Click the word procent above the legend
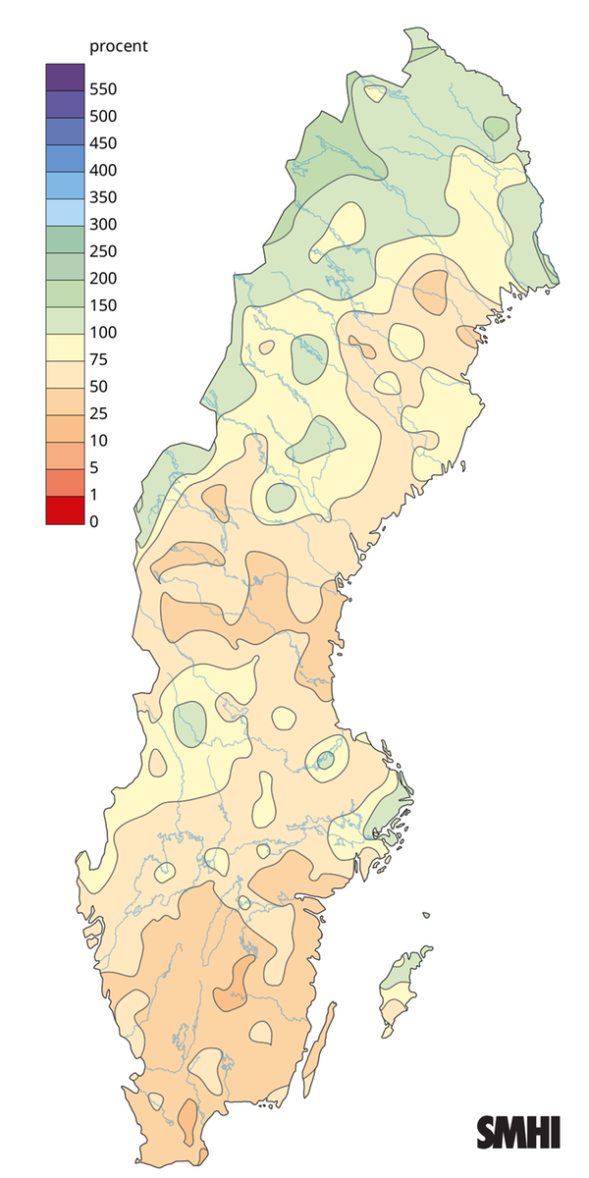[x=118, y=47]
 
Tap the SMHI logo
[x=518, y=1132]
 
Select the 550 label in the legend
[x=102, y=89]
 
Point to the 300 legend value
[x=102, y=224]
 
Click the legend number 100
[x=102, y=332]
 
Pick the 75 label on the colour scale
[x=98, y=359]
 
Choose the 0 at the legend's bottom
[x=93, y=521]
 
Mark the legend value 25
[x=98, y=413]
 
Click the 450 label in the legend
[x=102, y=143]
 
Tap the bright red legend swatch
[x=65, y=510]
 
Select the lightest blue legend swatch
[x=65, y=211]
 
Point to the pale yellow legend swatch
[x=65, y=346]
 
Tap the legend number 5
[x=93, y=467]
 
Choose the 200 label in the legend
[x=102, y=278]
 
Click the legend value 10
[x=98, y=440]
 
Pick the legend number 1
[x=93, y=494]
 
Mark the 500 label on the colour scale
[x=102, y=116]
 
